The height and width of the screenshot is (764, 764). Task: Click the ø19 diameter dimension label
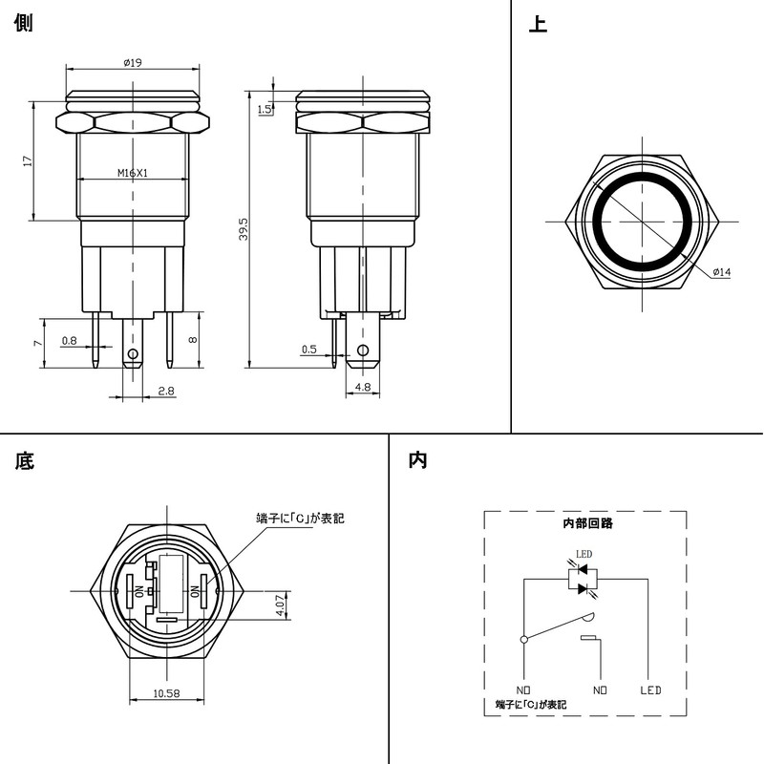(133, 63)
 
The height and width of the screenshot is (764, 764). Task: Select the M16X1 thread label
(137, 173)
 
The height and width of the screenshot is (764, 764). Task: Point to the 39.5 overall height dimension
(244, 229)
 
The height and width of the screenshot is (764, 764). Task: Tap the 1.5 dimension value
(265, 109)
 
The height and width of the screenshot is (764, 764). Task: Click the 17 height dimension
(28, 161)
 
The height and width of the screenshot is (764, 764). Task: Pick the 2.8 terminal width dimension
(164, 392)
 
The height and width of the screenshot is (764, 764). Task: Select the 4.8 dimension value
(363, 387)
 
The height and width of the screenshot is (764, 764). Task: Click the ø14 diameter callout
(721, 273)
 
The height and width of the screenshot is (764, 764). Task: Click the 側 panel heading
(24, 24)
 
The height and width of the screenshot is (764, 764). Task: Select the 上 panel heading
(538, 24)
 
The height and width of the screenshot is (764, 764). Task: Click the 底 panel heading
(24, 461)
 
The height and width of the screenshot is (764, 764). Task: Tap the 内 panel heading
(417, 460)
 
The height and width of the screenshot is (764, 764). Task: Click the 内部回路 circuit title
(587, 523)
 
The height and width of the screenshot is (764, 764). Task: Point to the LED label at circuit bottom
(650, 690)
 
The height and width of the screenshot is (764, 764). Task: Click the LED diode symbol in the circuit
(583, 579)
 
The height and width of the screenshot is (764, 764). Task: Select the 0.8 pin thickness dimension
(69, 340)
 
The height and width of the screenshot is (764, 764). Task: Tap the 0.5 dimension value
(308, 350)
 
